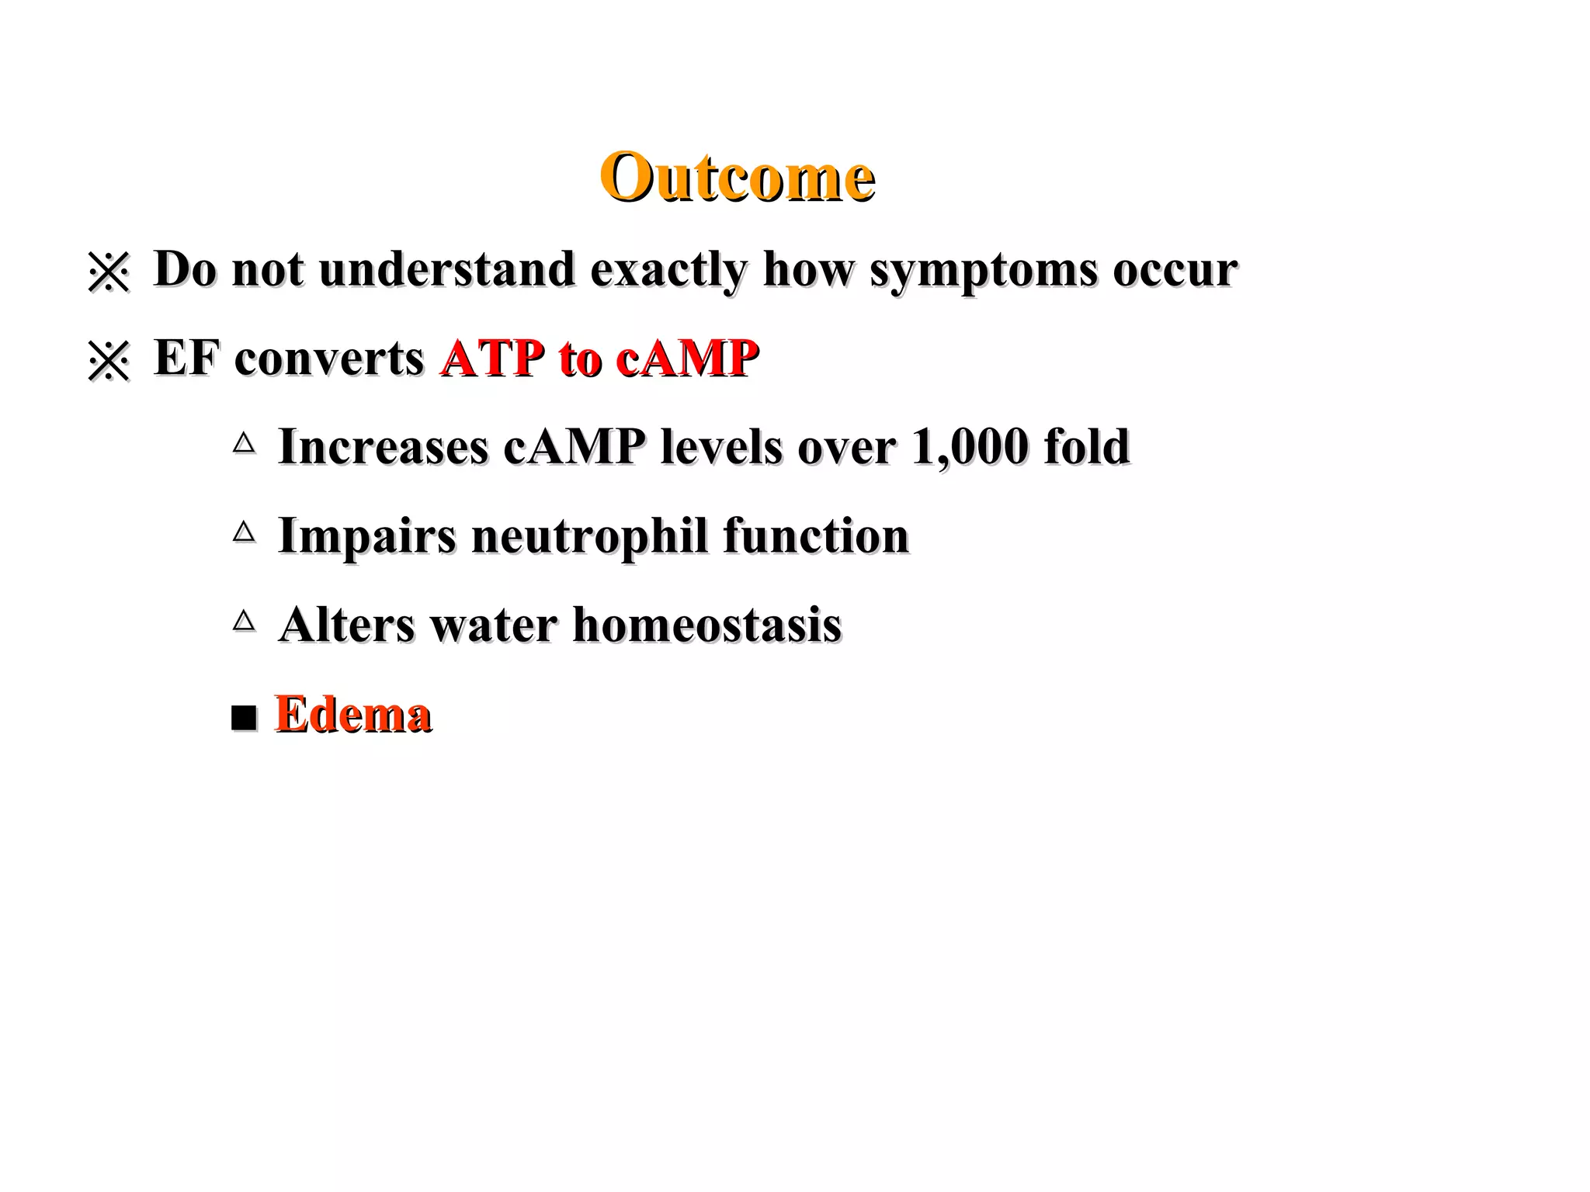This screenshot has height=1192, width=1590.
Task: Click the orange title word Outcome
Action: [x=737, y=177]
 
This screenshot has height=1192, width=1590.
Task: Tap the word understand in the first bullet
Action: [x=446, y=269]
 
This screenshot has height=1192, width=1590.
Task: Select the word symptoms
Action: [x=983, y=271]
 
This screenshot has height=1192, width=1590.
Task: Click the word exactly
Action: [x=668, y=271]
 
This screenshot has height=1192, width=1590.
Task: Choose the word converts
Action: [x=328, y=359]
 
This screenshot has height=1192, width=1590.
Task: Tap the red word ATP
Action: [x=492, y=359]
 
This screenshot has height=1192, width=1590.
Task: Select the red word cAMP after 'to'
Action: [x=686, y=359]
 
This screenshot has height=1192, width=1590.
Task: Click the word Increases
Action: [x=384, y=448]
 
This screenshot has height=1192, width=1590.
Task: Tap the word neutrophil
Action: [x=589, y=537]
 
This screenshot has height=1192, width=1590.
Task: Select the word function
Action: [x=815, y=536]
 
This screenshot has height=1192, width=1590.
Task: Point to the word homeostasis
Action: [x=706, y=625]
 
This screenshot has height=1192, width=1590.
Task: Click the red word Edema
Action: [x=353, y=715]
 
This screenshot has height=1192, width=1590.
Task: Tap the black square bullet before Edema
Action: [x=244, y=718]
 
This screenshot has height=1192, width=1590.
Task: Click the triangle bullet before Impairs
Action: [x=244, y=532]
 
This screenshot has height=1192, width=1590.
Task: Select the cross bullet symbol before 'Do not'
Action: [x=109, y=272]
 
